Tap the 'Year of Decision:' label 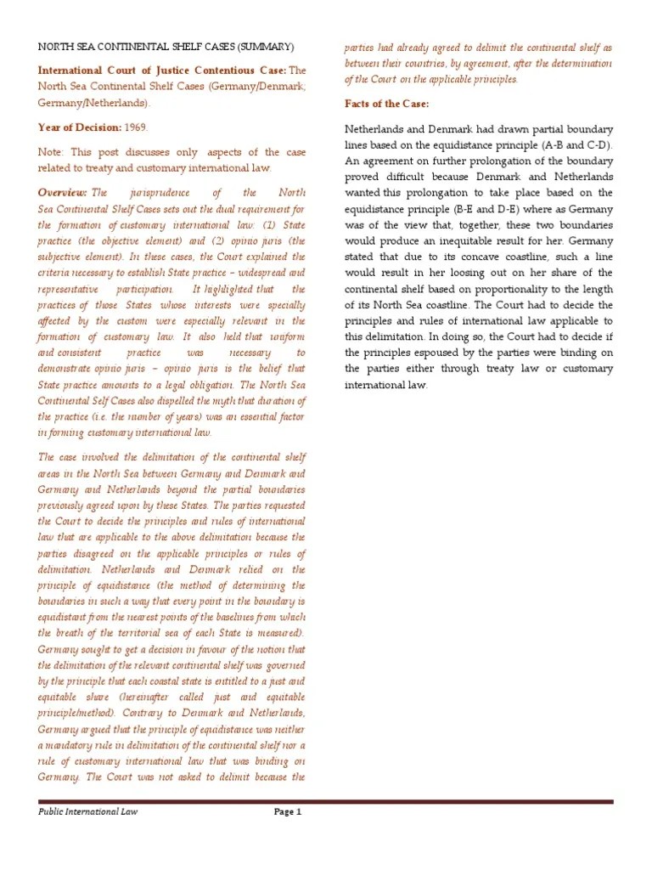[81, 127]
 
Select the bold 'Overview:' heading [62, 193]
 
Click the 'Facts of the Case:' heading [386, 104]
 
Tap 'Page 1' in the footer [287, 811]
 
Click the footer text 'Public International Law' [87, 811]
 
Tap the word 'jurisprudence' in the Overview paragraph [168, 193]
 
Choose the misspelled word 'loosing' [456, 273]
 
